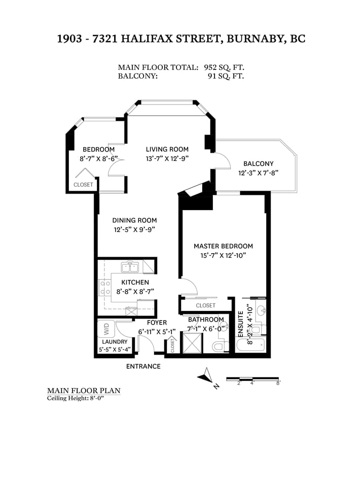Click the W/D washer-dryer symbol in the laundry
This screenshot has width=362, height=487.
click(106, 329)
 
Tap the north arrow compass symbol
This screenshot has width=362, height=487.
click(205, 375)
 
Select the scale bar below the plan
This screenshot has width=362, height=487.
click(252, 378)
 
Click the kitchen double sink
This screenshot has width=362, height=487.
click(130, 267)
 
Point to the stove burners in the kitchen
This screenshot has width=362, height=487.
click(105, 287)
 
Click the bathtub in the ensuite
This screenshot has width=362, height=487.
click(250, 345)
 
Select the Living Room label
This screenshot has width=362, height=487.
click(167, 149)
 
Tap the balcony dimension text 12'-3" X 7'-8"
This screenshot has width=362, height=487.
click(258, 172)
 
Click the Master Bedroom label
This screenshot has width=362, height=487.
click(223, 247)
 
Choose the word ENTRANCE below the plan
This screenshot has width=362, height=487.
click(143, 366)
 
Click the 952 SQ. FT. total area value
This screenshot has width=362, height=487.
click(224, 67)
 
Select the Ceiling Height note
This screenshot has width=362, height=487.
click(75, 399)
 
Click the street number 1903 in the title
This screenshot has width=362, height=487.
click(70, 39)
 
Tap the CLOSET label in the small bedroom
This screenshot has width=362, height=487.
click(83, 185)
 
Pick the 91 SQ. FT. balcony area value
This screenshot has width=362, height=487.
click(226, 76)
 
